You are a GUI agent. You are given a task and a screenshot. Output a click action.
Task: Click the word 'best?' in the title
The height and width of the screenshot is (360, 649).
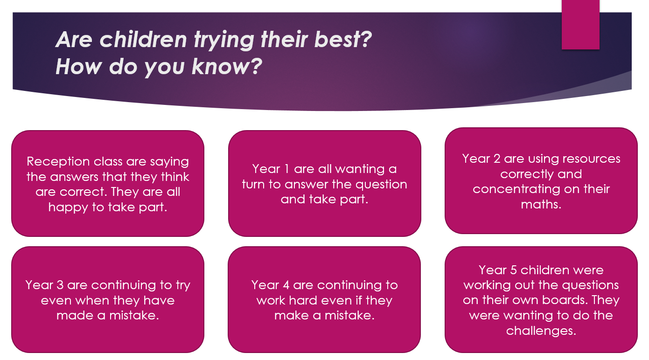click(x=343, y=39)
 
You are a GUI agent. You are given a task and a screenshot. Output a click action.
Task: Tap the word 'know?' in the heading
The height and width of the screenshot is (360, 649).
click(x=227, y=67)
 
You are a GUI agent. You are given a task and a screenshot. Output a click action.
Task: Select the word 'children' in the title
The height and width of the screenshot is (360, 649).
click(x=143, y=39)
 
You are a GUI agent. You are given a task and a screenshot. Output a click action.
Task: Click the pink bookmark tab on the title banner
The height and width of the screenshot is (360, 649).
click(x=580, y=25)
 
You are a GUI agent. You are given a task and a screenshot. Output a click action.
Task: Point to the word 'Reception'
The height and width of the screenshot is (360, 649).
click(x=58, y=162)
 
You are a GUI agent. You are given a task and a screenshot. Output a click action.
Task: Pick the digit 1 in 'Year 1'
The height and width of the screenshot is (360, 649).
click(x=286, y=169)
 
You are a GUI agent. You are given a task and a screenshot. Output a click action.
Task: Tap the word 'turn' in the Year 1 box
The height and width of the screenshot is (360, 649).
click(x=253, y=185)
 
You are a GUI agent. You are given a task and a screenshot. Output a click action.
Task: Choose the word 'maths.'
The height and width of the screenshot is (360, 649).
click(x=541, y=204)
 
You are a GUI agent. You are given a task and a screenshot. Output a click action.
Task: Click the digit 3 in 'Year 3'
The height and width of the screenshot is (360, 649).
click(x=60, y=285)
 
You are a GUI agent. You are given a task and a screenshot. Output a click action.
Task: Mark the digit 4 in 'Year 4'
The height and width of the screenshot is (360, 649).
click(x=286, y=285)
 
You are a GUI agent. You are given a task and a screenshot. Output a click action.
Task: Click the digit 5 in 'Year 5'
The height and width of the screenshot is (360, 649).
click(x=513, y=270)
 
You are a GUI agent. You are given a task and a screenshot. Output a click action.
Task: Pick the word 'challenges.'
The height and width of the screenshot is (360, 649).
click(x=541, y=331)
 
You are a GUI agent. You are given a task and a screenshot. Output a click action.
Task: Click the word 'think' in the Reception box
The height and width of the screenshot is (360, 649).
click(x=175, y=177)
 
